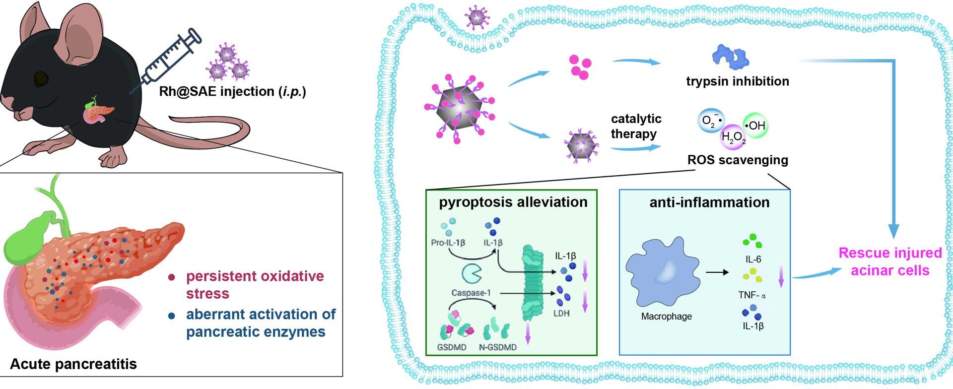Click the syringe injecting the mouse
169,59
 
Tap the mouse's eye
41,78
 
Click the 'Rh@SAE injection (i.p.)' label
232,91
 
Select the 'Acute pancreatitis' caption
73,364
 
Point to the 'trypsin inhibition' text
738,81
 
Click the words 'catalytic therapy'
635,126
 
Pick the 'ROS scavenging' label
738,160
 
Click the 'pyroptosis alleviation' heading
513,202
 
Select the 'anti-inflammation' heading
709,202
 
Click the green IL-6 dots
752,242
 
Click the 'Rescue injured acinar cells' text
890,261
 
